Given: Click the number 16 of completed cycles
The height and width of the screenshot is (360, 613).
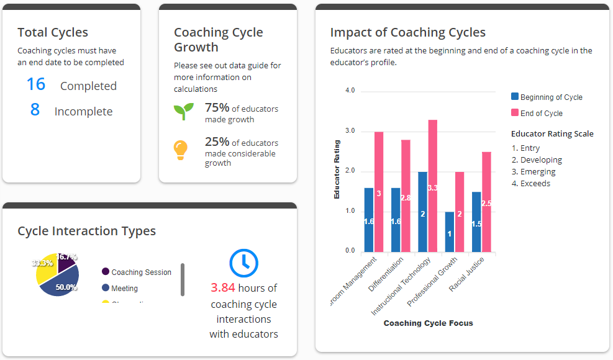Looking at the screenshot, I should [x=36, y=84].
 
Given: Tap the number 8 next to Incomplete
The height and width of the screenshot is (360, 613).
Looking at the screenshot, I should [x=35, y=110].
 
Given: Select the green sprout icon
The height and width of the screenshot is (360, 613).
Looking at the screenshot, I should [x=183, y=111].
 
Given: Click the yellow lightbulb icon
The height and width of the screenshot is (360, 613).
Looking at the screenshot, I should [x=181, y=150].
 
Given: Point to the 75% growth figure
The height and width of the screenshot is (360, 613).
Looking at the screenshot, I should [x=217, y=107].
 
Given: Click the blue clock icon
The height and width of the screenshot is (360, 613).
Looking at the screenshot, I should [x=244, y=263].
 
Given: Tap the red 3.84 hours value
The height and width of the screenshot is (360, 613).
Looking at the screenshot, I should [x=223, y=288].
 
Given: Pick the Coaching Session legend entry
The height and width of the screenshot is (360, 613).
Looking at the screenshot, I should [x=141, y=272].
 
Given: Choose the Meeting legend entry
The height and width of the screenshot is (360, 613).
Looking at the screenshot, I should [x=124, y=288].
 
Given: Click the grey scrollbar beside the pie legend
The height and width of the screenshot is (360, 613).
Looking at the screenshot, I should [x=183, y=279].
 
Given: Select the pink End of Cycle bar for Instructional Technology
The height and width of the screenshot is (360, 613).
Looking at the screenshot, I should [x=433, y=186].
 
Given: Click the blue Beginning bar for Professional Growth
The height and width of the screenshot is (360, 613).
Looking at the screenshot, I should [x=450, y=232].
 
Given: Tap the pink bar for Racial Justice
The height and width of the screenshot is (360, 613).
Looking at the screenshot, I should [x=486, y=202].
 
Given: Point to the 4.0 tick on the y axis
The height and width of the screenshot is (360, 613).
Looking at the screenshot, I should [x=349, y=91].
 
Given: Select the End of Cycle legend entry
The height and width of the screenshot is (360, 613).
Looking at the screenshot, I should [x=541, y=113].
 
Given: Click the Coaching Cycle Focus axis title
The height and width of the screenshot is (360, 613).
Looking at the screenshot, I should [x=428, y=323].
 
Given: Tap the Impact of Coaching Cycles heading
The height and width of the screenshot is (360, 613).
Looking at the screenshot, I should [x=407, y=32].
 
